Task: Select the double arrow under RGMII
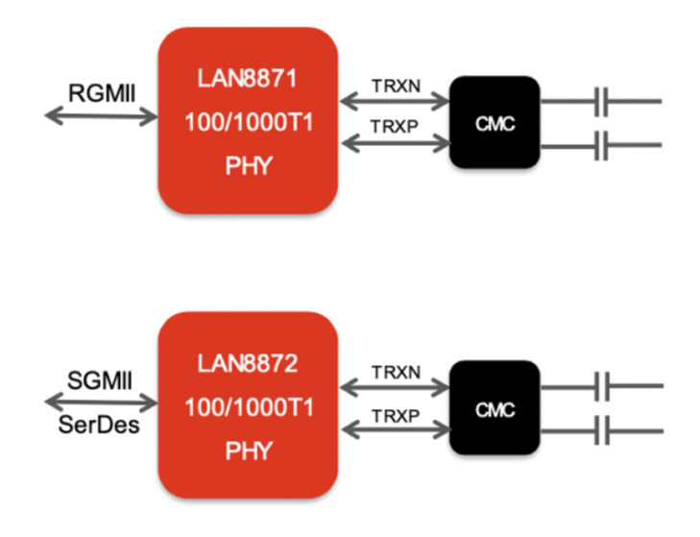[101, 117]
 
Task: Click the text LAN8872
[247, 365]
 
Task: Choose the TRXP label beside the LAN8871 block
[395, 126]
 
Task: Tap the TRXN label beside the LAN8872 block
[395, 371]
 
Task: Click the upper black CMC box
[495, 122]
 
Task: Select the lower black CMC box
[495, 409]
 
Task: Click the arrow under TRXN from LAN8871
[395, 100]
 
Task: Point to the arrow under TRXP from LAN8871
[395, 144]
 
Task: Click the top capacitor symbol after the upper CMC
[603, 100]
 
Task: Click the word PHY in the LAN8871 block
[247, 165]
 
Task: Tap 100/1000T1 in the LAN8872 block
[247, 407]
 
